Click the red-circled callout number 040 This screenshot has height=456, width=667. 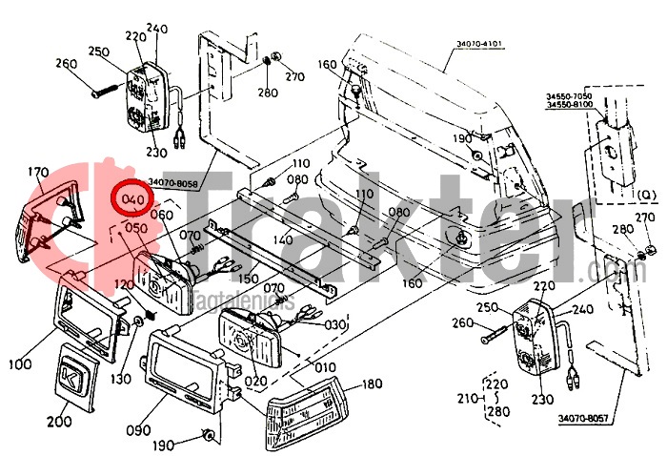pyautogui.click(x=133, y=199)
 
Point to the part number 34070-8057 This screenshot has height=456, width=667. pyautogui.click(x=582, y=418)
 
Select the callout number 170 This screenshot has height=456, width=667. pyautogui.click(x=38, y=173)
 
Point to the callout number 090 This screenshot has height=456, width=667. pyautogui.click(x=138, y=430)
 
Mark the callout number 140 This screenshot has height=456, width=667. pyautogui.click(x=282, y=240)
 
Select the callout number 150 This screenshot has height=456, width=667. pyautogui.click(x=249, y=279)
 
